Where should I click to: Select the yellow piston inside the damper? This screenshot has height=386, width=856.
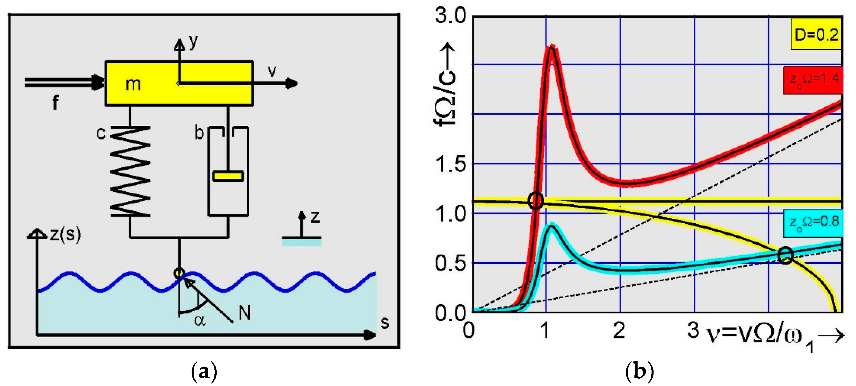click(x=228, y=176)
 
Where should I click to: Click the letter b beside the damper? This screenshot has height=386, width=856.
click(x=199, y=133)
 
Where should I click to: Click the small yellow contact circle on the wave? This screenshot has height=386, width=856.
click(x=179, y=273)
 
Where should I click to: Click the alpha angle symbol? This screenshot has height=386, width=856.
click(x=200, y=320)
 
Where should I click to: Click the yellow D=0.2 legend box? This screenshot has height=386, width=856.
click(x=816, y=34)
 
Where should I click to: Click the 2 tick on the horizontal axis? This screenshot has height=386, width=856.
click(x=619, y=330)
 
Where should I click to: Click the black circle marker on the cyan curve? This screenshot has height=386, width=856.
click(x=786, y=255)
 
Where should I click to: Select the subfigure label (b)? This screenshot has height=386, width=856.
click(x=640, y=372)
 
